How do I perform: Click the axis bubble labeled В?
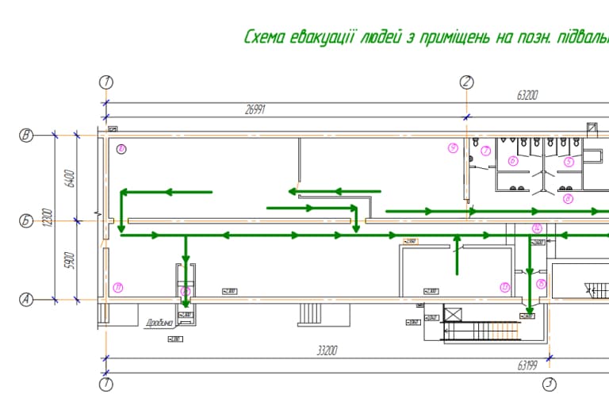point(26,136)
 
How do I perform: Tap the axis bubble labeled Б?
point(26,221)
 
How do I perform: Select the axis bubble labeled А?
point(26,299)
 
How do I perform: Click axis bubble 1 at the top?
point(107,82)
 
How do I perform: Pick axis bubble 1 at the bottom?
point(107,385)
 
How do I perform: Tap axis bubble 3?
point(548,385)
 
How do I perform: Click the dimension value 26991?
point(255,110)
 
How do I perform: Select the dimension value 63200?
point(527,95)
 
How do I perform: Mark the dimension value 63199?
point(528,366)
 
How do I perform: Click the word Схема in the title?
point(265,37)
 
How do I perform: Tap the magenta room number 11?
point(118,286)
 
